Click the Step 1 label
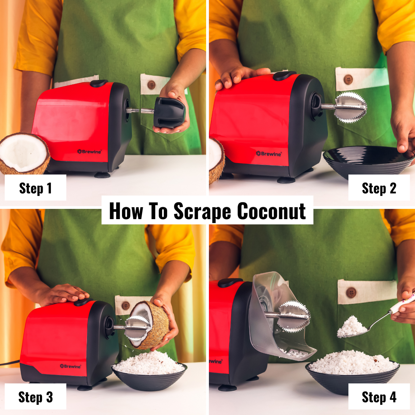35,188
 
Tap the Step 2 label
379,188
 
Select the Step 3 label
35,397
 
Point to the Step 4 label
379,397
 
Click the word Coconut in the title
271,211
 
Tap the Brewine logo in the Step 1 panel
89,151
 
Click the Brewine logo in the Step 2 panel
269,154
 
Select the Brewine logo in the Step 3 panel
70,366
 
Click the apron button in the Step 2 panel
348,80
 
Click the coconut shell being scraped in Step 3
156,325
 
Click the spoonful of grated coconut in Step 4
352,326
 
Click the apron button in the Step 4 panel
351,293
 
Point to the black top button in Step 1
99,83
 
